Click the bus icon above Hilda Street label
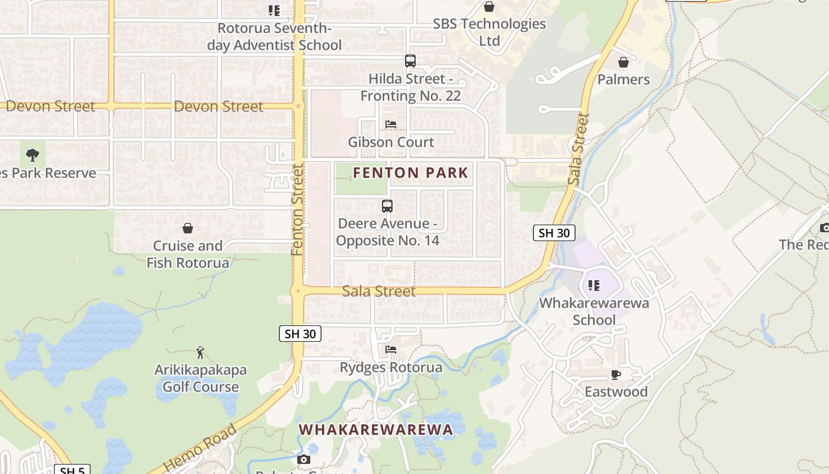pyautogui.click(x=410, y=60)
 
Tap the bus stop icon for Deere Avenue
pyautogui.click(x=387, y=206)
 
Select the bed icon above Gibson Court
pyautogui.click(x=391, y=124)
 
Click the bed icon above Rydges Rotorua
pyautogui.click(x=391, y=350)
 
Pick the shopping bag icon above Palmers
pyautogui.click(x=624, y=62)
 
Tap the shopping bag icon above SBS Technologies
pyautogui.click(x=489, y=7)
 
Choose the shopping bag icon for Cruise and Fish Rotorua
pyautogui.click(x=188, y=228)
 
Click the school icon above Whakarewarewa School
pyautogui.click(x=594, y=286)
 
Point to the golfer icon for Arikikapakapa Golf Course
pyautogui.click(x=200, y=353)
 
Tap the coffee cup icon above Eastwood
pyautogui.click(x=616, y=374)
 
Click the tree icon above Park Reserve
pyautogui.click(x=33, y=155)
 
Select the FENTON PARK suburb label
pyautogui.click(x=410, y=173)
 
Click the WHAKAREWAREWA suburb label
pyautogui.click(x=375, y=430)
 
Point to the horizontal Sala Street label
pyautogui.click(x=379, y=291)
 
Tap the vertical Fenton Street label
pyautogui.click(x=297, y=210)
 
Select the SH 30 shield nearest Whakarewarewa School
pyautogui.click(x=554, y=233)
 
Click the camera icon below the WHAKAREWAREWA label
pyautogui.click(x=303, y=460)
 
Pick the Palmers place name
pyautogui.click(x=624, y=79)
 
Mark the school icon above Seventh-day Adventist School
pyautogui.click(x=274, y=10)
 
